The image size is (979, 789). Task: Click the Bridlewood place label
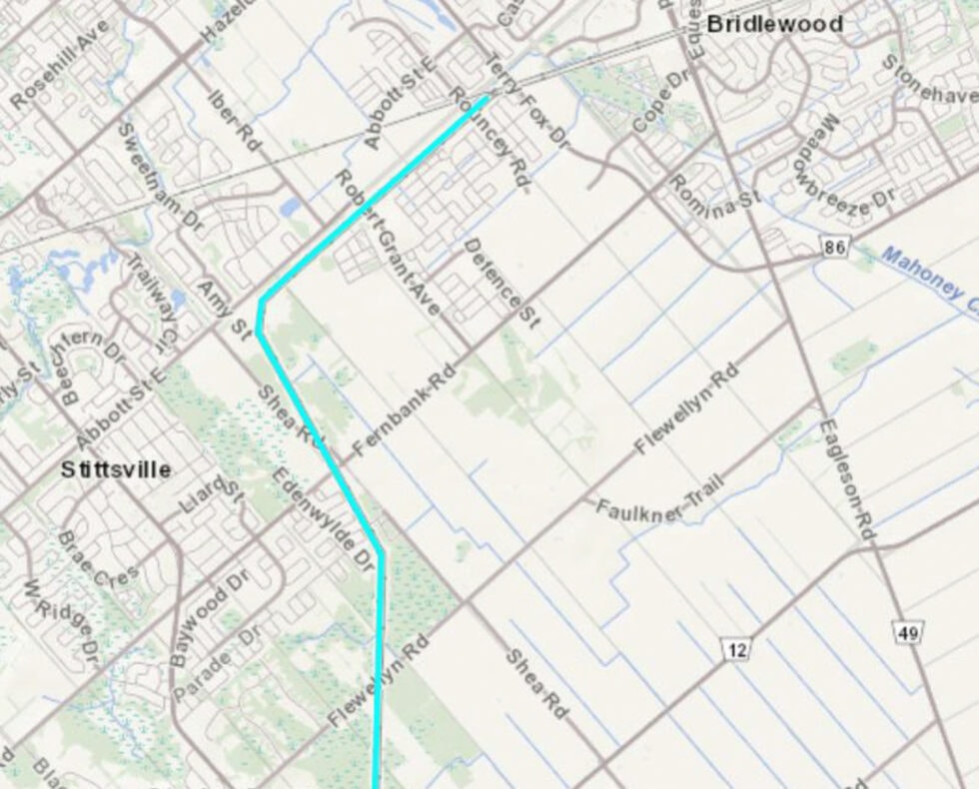pyautogui.click(x=774, y=24)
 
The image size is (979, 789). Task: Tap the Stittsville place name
pyautogui.click(x=115, y=468)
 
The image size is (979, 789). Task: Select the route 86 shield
pyautogui.click(x=835, y=246)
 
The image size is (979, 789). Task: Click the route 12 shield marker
pyautogui.click(x=736, y=650)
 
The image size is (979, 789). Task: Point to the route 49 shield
pyautogui.click(x=908, y=631)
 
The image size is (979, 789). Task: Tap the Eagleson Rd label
pyautogui.click(x=847, y=479)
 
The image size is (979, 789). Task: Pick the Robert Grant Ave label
pyautogui.click(x=387, y=243)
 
